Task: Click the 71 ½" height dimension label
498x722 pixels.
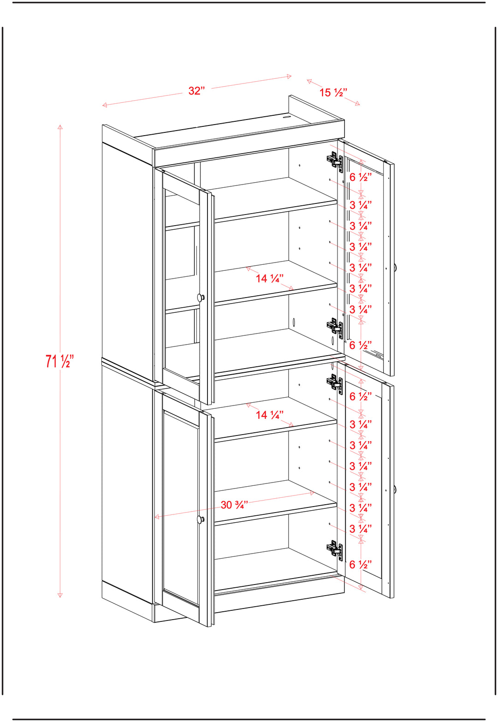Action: pos(60,361)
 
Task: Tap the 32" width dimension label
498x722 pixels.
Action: pos(196,91)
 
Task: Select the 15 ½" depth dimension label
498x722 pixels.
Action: pos(333,92)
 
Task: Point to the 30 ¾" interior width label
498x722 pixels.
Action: pos(234,505)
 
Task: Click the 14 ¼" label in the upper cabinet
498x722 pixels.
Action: pos(270,278)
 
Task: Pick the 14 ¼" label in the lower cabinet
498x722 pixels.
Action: pos(270,414)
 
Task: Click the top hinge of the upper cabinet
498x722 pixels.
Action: pos(335,161)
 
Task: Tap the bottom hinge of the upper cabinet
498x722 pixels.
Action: pos(335,328)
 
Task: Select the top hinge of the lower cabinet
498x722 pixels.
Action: pos(335,382)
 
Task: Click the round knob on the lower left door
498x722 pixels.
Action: pos(201,519)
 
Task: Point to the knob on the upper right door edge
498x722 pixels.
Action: pos(395,267)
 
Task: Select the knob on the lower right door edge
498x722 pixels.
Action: pos(395,489)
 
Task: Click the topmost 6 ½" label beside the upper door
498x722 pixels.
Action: pos(361,177)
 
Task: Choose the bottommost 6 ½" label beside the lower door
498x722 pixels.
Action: pos(361,564)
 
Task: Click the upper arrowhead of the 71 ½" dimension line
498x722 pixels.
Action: pos(60,127)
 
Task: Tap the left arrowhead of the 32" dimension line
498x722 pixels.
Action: pos(105,105)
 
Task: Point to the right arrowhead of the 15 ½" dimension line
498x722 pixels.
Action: pos(357,103)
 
